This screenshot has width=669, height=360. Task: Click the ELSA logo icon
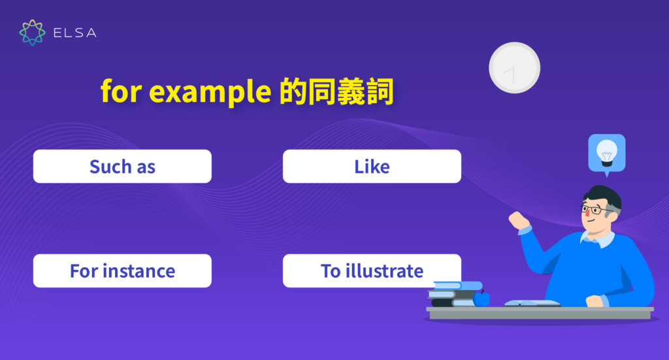pos(32,33)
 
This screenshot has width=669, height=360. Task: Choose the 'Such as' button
pos(122,167)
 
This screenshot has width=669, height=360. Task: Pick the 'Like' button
pos(372,167)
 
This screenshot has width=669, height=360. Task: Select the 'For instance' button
pos(122,270)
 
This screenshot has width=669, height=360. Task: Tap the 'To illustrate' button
pos(372,270)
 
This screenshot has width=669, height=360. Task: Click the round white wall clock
pos(514,68)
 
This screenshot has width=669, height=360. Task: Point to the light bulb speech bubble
pos(606,154)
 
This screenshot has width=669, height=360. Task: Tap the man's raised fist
pos(519,220)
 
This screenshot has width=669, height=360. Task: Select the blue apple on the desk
pos(481,299)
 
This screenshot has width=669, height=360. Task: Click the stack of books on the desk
pos(454,294)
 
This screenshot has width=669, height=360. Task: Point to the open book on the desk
pos(532,303)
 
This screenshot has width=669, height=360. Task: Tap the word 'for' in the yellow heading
pos(122,93)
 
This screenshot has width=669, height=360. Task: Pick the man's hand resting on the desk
pos(595,301)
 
